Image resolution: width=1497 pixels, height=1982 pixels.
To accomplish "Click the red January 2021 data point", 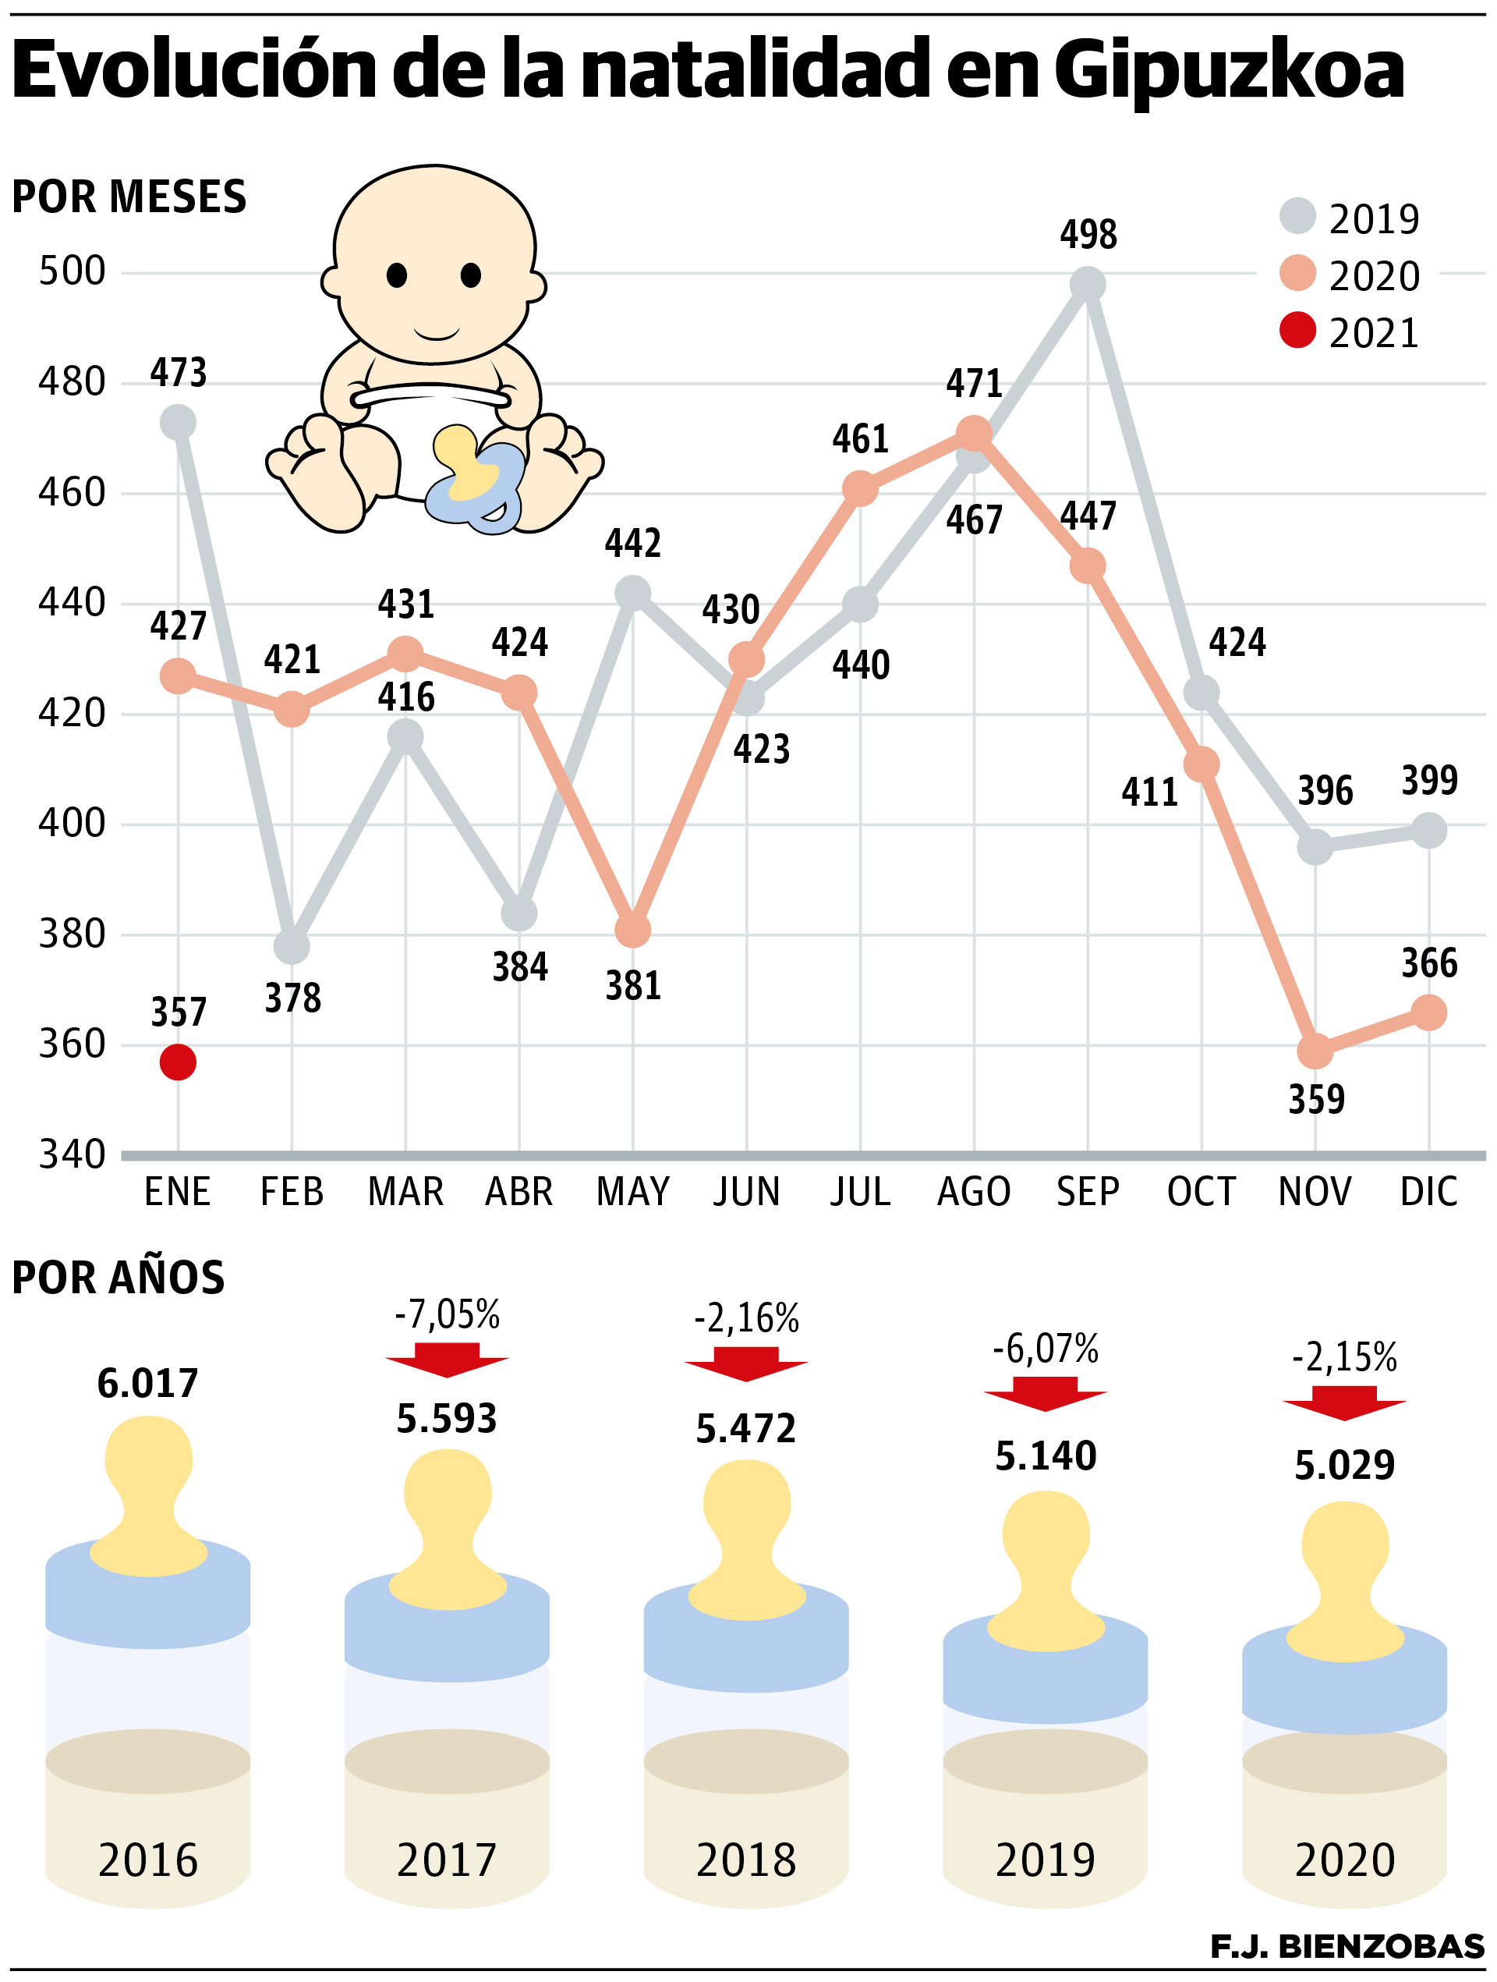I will point(179,1062).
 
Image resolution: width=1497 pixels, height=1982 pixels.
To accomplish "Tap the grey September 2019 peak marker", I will point(1088,285).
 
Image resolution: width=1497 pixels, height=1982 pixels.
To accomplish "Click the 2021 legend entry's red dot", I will point(1297,331).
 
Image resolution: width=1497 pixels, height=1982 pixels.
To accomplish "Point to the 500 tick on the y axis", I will point(72,271).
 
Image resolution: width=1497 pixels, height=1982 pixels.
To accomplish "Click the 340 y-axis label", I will point(72,1155).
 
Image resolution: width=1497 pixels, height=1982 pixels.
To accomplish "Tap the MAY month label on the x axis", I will point(632,1193).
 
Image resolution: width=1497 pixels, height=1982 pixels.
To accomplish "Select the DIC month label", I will point(1429,1193).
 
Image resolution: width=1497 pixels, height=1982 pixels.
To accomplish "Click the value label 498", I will point(1088,235).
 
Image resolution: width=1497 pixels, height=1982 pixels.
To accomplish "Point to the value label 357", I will point(179,1013).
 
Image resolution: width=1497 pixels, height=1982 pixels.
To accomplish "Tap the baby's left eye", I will point(397,275).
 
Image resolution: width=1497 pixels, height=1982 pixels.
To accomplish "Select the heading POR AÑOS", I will point(119,1278).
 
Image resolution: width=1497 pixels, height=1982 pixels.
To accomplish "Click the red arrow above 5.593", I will point(447,1360).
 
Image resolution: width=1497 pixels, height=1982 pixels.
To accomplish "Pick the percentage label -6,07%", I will point(1046,1349).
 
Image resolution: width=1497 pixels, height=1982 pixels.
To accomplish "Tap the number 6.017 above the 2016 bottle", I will point(148,1385).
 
